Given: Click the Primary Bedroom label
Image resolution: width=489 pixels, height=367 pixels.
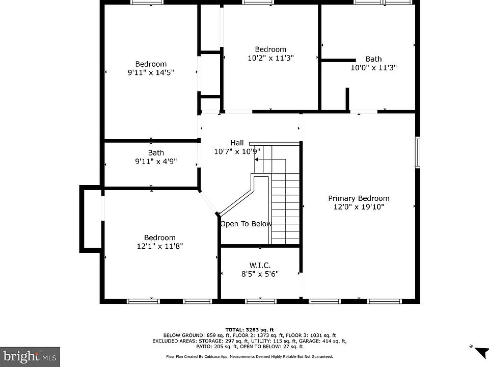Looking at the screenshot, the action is (359, 198).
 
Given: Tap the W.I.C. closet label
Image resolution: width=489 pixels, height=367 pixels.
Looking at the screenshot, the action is (260, 265).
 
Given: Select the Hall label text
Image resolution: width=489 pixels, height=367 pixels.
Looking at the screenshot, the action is (237, 143).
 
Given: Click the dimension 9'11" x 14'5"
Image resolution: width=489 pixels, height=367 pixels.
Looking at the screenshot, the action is (151, 72).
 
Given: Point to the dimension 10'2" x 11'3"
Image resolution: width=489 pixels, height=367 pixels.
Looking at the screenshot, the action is (270, 58).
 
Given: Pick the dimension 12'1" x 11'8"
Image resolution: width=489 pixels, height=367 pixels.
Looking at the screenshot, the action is (159, 246).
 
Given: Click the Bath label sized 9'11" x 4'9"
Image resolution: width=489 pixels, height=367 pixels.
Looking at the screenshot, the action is (156, 153).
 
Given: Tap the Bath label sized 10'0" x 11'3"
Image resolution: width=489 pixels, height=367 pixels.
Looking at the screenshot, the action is (373, 59).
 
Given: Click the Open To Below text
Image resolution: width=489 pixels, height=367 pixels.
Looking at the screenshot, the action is (246, 224).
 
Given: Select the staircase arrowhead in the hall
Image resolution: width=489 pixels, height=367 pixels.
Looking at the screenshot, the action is (256, 160).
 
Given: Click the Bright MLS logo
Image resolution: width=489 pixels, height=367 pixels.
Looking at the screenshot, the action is (30, 357).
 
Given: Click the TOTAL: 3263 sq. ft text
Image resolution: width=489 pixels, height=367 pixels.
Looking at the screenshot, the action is (250, 330).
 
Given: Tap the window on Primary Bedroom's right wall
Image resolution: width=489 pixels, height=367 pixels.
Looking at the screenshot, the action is (417, 152).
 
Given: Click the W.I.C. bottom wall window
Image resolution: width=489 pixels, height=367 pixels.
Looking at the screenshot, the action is (260, 301).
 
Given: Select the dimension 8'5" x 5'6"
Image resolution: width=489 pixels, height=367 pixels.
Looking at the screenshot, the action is (260, 274).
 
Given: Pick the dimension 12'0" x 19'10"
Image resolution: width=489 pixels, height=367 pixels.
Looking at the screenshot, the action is (359, 206).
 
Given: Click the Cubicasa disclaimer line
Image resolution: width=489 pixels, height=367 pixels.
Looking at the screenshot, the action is (250, 356).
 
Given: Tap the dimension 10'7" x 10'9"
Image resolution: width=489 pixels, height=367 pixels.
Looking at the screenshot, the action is (237, 151).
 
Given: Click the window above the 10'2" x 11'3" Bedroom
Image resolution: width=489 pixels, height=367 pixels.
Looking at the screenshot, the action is (258, 3).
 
